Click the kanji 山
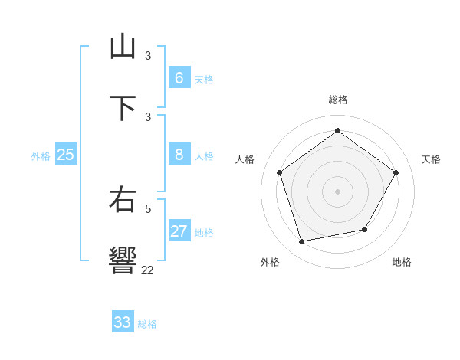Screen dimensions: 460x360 click(123, 47)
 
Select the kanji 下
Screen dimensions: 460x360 click(123, 108)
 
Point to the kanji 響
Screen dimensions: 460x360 click(123, 260)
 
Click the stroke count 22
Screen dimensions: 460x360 click(147, 270)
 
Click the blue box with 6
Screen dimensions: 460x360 click(179, 78)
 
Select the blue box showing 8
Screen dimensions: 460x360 click(179, 155)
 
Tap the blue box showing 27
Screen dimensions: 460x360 click(179, 231)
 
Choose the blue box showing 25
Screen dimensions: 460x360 click(65, 155)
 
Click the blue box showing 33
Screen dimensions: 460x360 click(123, 322)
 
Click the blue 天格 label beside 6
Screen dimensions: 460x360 click(204, 80)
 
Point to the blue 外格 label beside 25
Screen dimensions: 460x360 click(41, 156)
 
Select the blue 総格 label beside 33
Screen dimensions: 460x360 click(147, 324)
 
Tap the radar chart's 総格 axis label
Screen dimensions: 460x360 click(337, 100)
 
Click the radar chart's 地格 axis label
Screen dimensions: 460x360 click(402, 263)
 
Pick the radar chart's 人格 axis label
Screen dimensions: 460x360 click(245, 159)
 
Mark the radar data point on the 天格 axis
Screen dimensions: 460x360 click(396, 172)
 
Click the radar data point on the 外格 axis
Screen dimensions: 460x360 click(301, 242)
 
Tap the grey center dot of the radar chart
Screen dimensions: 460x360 click(337, 191)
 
